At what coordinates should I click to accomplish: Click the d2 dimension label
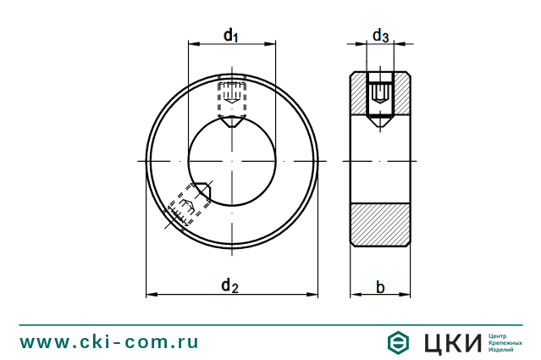(229, 285)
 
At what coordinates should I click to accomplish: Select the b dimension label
(380, 288)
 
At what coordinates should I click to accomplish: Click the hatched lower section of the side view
(380, 224)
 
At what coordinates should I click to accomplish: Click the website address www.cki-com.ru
(109, 342)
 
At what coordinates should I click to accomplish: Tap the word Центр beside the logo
(500, 335)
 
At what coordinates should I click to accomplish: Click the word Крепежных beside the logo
(505, 342)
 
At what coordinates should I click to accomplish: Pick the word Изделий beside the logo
(502, 350)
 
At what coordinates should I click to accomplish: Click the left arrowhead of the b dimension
(354, 295)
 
